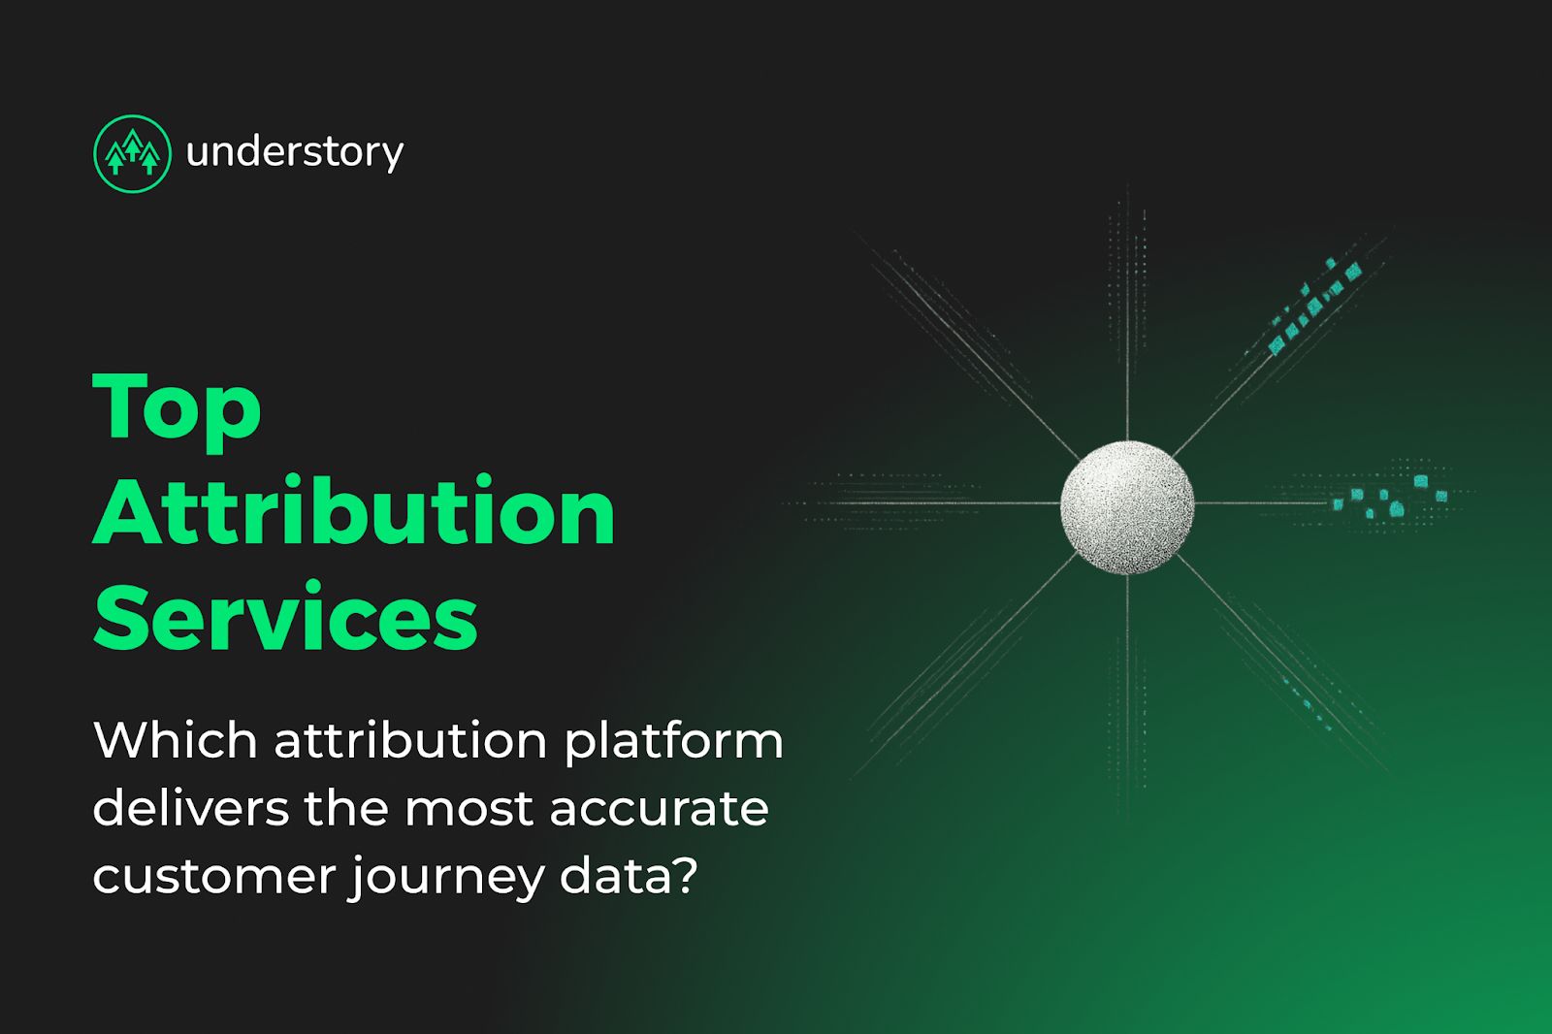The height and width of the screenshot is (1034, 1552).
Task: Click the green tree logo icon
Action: tap(132, 153)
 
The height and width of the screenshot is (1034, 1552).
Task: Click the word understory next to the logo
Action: tap(294, 152)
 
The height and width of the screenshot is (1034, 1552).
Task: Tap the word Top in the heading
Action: tap(177, 407)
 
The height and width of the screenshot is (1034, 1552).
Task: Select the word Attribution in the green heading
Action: tap(354, 511)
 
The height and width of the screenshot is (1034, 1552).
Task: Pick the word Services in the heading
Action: tap(285, 617)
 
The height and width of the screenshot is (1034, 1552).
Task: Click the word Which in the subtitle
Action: tap(176, 740)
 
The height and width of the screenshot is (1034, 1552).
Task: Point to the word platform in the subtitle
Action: tap(673, 742)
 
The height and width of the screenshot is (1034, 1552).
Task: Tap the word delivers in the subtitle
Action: tap(190, 808)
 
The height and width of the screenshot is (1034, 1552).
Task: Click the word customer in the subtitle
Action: tap(212, 876)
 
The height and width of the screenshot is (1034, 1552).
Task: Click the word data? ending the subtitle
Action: tap(629, 875)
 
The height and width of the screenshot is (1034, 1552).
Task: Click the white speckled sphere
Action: tap(1126, 506)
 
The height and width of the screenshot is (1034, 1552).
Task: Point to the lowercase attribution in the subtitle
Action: tap(410, 740)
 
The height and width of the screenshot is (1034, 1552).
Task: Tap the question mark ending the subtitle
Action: tap(686, 875)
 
